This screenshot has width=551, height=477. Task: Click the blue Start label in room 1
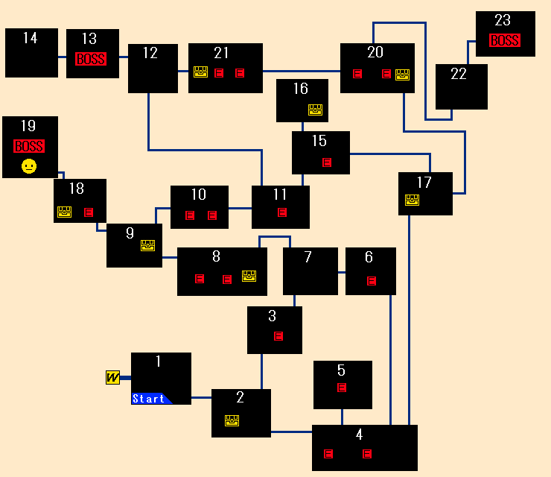150,399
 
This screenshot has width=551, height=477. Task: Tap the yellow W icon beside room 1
112,378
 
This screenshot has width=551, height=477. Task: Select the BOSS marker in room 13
91,59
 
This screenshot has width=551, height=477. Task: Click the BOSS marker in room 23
504,41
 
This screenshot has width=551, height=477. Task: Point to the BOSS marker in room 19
29,146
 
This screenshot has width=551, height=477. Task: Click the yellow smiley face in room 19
29,166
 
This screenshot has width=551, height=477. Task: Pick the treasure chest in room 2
232,420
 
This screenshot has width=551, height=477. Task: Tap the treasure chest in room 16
315,110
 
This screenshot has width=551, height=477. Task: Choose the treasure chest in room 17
412,200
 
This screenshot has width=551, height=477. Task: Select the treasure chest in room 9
147,245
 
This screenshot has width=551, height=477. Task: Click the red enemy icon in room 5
342,388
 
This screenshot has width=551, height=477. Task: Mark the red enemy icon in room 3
278,336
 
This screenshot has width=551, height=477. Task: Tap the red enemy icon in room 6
372,281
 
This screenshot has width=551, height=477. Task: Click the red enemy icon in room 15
327,162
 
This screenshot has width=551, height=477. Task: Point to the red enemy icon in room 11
281,212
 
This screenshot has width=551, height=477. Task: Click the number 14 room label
30,38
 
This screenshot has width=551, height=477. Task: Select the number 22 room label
459,74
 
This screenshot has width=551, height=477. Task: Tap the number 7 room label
308,257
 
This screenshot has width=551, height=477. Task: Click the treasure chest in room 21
200,72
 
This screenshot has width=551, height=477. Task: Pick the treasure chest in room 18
65,212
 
